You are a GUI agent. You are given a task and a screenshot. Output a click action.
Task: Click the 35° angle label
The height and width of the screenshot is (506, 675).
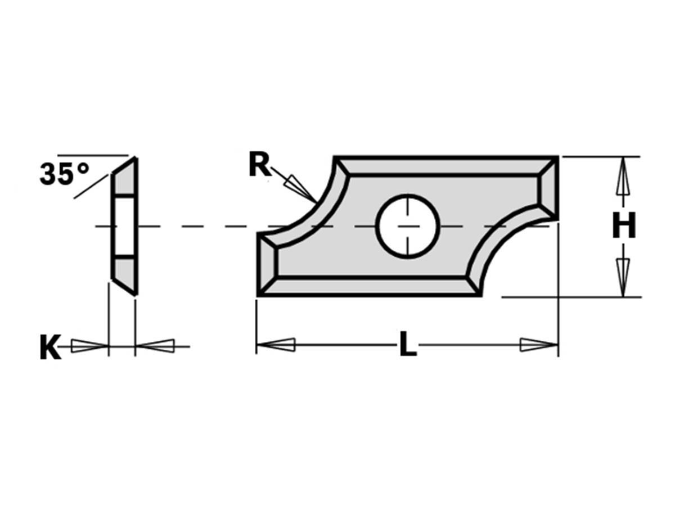point(64,174)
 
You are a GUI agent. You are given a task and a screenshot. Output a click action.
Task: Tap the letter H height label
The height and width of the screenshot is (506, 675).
point(624,227)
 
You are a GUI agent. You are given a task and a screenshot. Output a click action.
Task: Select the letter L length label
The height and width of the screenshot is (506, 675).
point(408,345)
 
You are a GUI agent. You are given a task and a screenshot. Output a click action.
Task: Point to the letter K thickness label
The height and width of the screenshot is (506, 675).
point(49,347)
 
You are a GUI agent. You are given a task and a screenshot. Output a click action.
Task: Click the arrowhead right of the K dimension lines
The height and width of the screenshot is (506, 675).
point(155,346)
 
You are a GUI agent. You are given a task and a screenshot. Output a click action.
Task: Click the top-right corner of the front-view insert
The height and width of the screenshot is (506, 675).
point(556,158)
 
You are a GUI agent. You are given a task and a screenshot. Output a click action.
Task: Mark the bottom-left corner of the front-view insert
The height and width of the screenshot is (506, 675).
point(259,294)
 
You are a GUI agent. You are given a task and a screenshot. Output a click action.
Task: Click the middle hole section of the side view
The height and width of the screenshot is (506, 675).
point(124,227)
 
